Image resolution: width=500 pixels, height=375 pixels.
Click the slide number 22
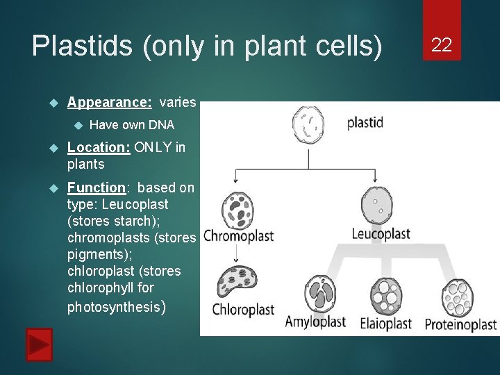[442, 46]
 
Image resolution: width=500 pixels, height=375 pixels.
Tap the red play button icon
[39, 344]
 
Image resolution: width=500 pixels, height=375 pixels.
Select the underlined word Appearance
[109, 103]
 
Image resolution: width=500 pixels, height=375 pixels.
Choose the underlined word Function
[97, 188]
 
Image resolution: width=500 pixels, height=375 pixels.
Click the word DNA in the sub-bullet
[161, 125]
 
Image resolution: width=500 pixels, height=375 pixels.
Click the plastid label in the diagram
[365, 123]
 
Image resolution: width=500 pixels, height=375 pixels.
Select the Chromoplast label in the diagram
[238, 236]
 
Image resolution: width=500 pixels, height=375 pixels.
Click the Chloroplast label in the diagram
[242, 310]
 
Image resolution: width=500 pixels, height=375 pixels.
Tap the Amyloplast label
[316, 322]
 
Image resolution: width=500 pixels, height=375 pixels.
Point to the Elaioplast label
[386, 324]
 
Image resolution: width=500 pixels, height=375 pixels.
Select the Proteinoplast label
[460, 324]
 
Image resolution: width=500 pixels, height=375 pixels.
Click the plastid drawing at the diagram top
[308, 126]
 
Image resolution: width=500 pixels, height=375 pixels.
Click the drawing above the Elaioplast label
[386, 295]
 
